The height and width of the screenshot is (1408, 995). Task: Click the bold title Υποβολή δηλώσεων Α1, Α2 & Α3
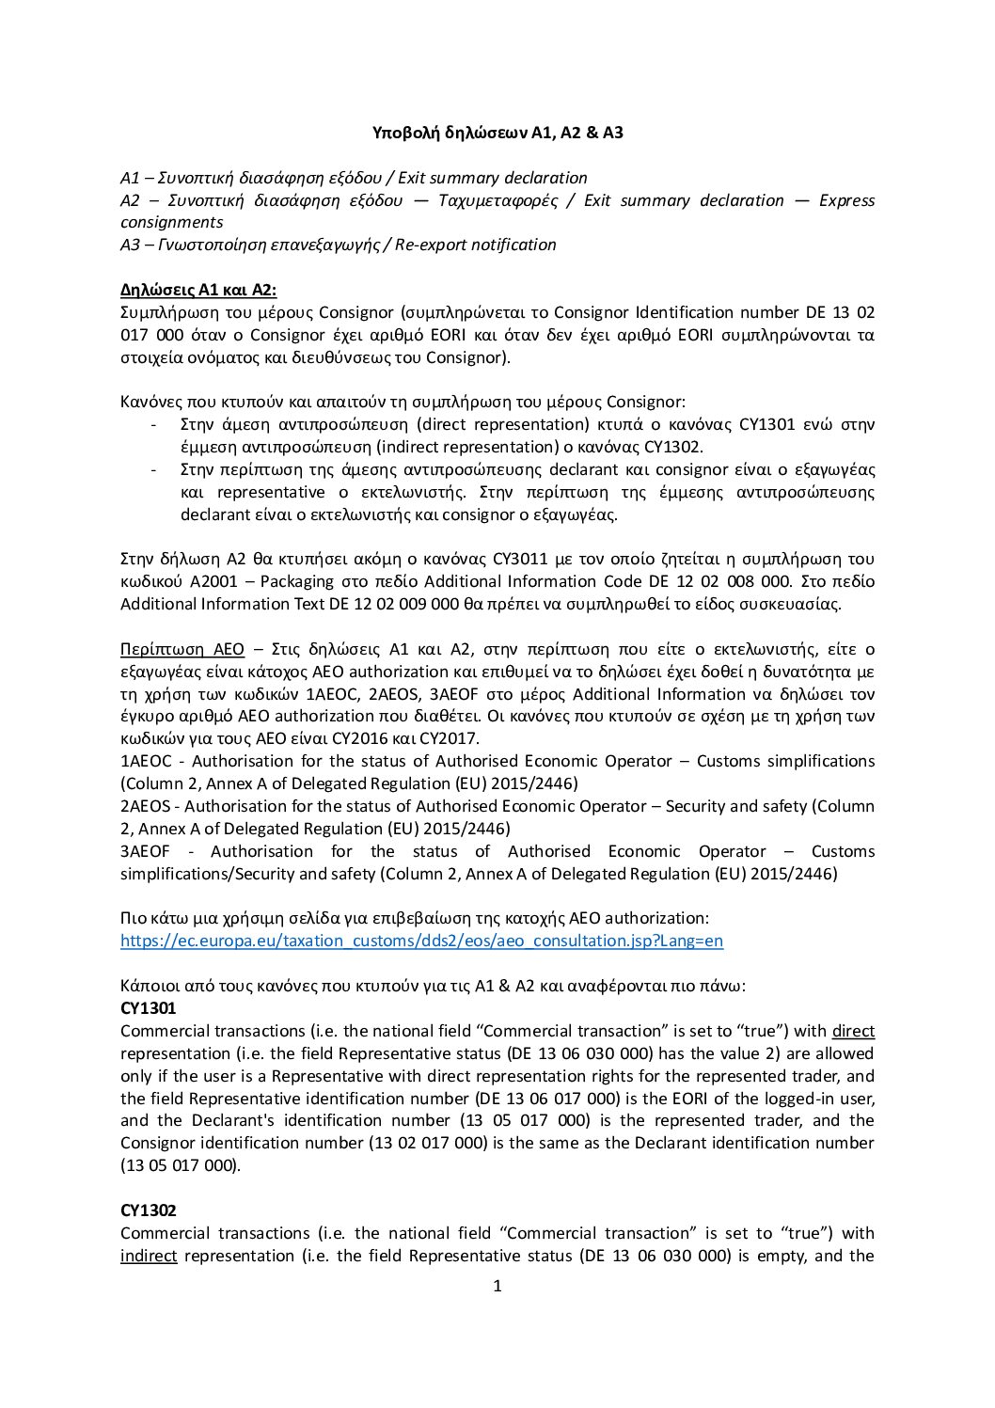pos(497,133)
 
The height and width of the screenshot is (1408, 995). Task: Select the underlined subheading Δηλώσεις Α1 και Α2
pos(198,290)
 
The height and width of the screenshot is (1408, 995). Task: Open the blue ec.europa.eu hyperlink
pos(422,941)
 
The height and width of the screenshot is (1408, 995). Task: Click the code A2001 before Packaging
pos(216,581)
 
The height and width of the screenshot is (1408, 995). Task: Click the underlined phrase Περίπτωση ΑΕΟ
pos(182,649)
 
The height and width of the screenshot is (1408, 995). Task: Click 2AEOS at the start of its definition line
pos(146,806)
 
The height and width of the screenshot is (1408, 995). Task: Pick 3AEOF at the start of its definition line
pos(146,851)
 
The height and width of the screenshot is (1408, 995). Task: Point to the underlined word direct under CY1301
pos(853,1031)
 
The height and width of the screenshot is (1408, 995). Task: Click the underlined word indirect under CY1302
pos(149,1256)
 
